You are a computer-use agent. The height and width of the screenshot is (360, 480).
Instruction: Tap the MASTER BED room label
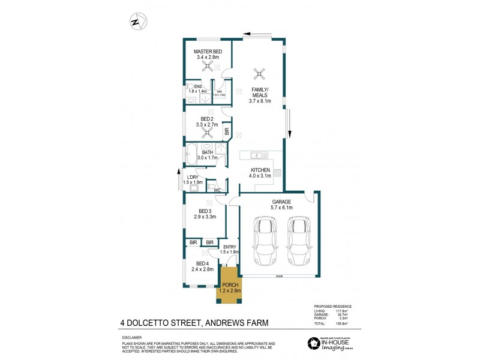(x=208, y=52)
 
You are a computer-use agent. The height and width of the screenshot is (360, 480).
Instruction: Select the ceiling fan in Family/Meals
(x=259, y=73)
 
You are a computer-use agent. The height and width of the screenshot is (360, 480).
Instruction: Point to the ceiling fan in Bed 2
(x=208, y=133)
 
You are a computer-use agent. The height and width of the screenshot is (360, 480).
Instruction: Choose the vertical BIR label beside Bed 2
(x=226, y=130)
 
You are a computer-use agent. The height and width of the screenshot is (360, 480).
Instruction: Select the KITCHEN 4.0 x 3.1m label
(x=260, y=173)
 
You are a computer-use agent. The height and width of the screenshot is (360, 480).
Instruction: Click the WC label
(x=217, y=191)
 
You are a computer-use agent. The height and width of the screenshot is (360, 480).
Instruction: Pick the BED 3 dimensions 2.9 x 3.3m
(x=205, y=217)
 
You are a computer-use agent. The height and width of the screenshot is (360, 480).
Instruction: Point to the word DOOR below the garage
(x=279, y=277)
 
